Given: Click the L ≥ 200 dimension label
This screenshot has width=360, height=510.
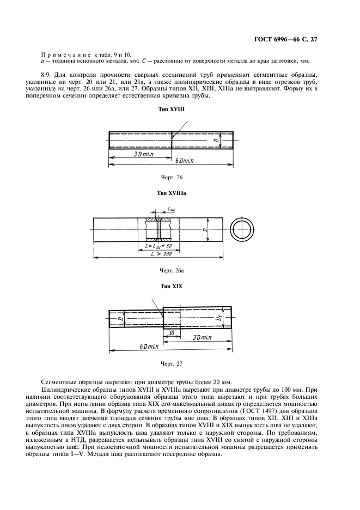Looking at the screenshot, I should click(x=158, y=255).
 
